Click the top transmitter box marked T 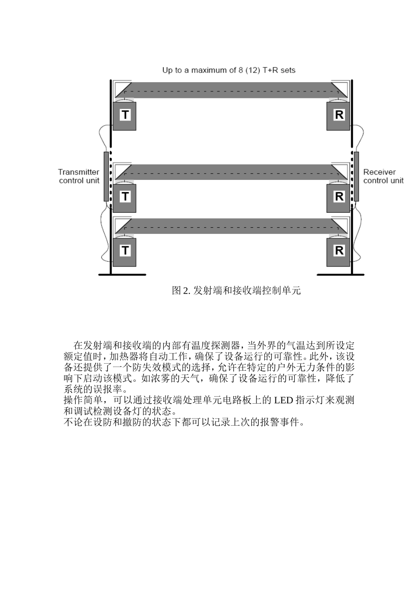pos(125,116)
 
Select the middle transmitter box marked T pos(125,197)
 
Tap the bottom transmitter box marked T pos(125,252)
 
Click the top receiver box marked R pos(338,116)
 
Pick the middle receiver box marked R pos(338,197)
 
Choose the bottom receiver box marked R pos(338,252)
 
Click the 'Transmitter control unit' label pos(79,176)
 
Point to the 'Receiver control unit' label pos(383,176)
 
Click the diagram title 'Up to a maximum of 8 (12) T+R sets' pos(229,70)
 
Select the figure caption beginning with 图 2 pos(236,291)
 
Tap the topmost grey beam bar pos(229,89)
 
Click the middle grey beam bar pos(229,171)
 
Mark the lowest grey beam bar pos(229,225)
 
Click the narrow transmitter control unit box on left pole pos(106,176)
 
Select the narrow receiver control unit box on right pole pos(356,176)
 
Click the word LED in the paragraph pos(284,401)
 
